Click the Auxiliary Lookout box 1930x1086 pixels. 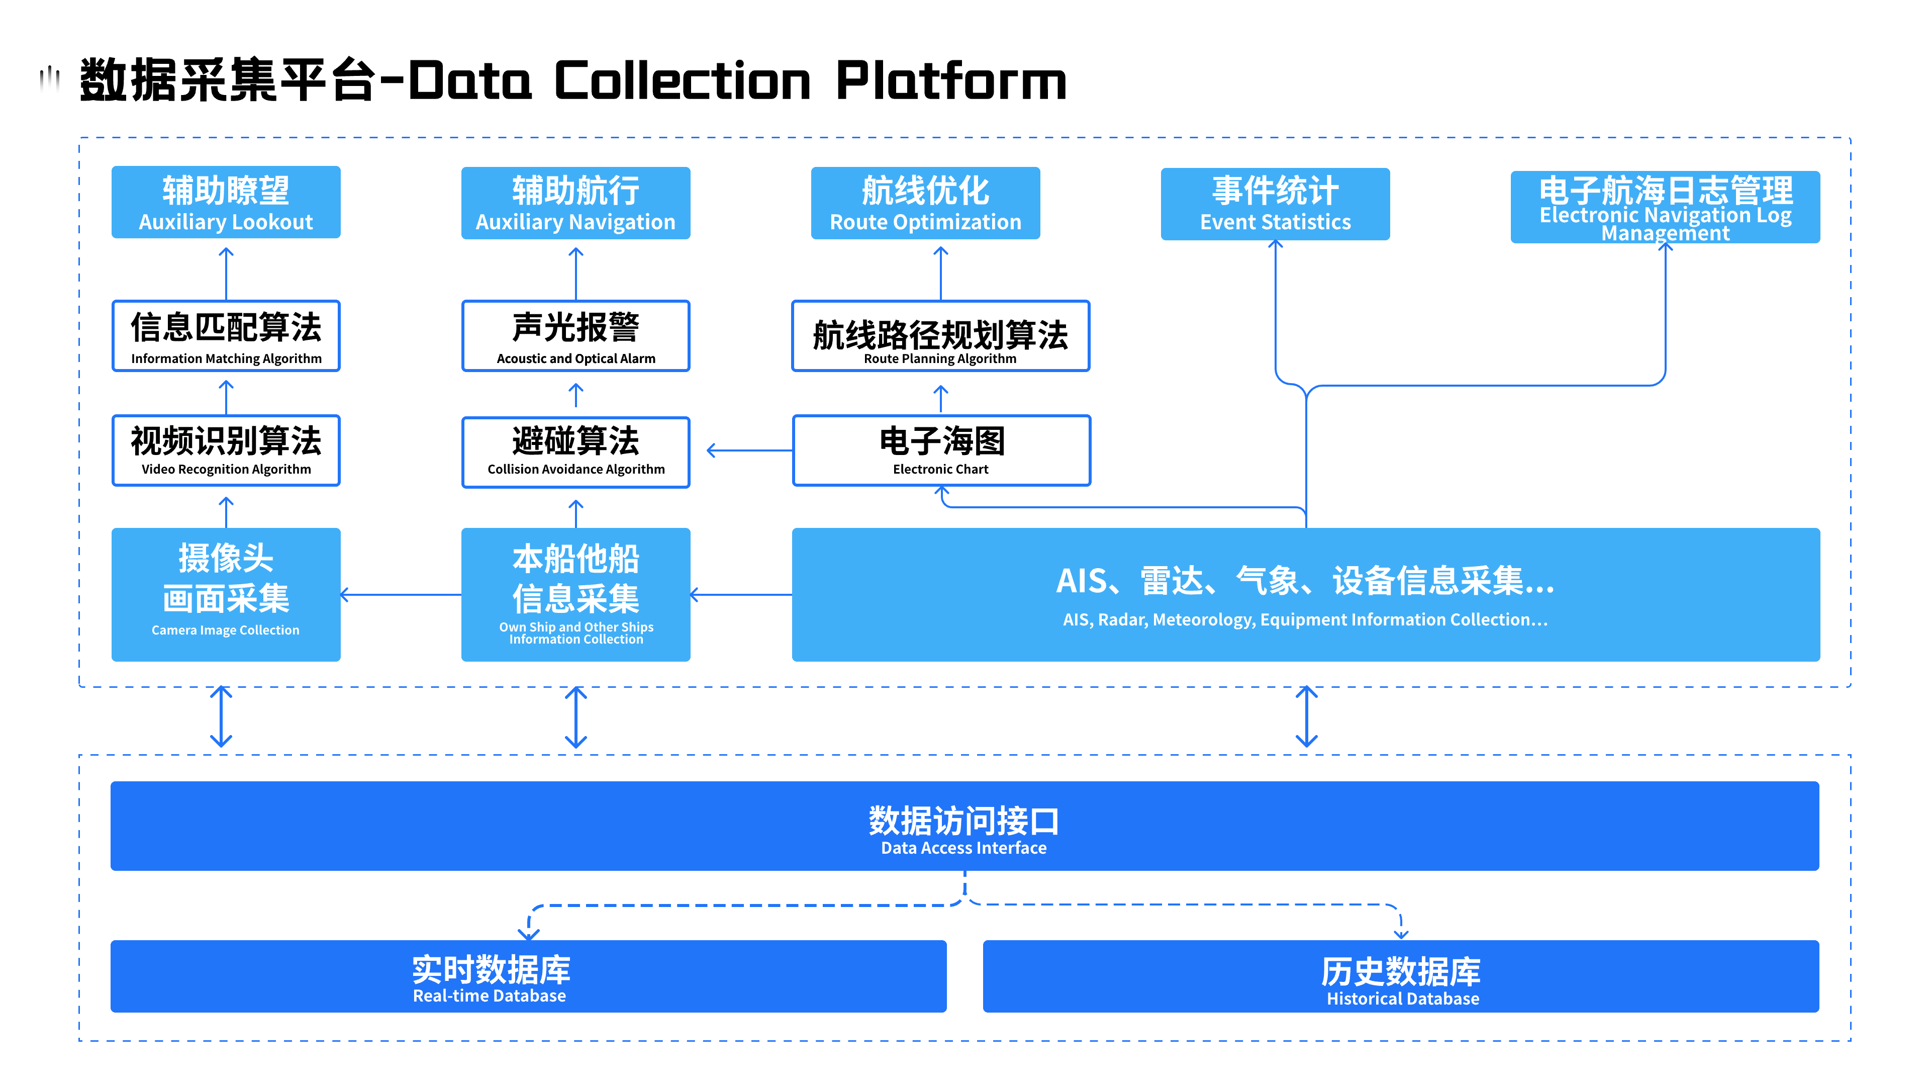coord(226,202)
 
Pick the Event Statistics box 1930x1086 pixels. coord(1275,204)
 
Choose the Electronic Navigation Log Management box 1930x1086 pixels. coord(1665,207)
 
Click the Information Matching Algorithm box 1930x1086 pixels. coord(226,336)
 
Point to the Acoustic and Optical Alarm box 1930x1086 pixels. coord(575,336)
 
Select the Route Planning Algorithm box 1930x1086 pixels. coord(940,336)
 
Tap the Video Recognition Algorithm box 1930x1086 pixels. coord(226,450)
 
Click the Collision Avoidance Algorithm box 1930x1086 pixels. coord(575,452)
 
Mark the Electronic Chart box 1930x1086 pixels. coord(941,450)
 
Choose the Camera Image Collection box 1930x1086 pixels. coord(226,594)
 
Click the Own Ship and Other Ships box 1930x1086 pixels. coord(575,594)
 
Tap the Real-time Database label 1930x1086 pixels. coord(490,996)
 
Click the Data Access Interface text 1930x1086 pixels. coord(963,848)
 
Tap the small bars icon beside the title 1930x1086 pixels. coord(49,79)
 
